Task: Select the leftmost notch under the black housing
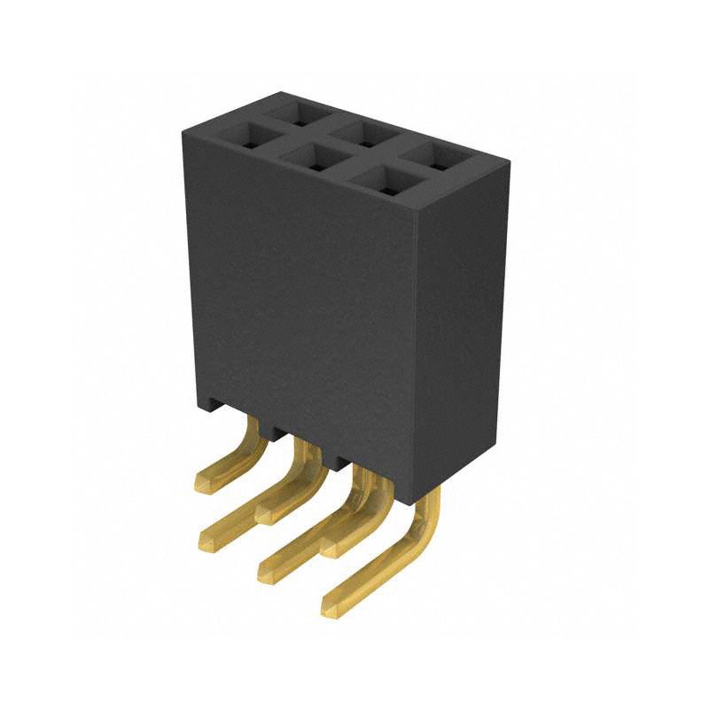pos(214,409)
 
